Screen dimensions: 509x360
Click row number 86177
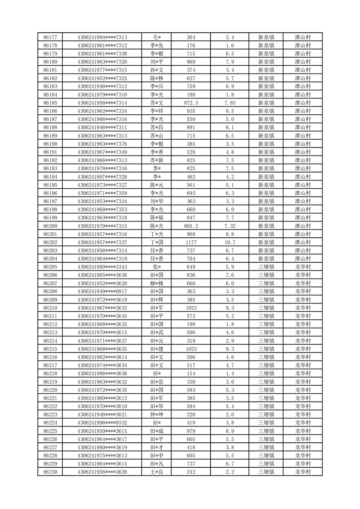coord(50,37)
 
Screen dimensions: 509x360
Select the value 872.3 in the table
coord(191,103)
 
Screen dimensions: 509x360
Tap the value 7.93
coord(230,103)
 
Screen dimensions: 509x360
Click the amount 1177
coord(191,242)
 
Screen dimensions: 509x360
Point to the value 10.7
coord(230,242)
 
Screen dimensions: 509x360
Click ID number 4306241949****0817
coord(102,291)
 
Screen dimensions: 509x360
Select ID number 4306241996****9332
coord(102,422)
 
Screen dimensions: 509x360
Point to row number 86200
coord(50,226)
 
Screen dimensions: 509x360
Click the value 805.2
coord(191,226)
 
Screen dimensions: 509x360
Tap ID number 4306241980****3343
coord(102,267)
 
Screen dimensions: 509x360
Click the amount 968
coord(191,234)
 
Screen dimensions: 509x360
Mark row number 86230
coord(50,472)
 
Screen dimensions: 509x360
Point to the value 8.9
coord(230,431)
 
